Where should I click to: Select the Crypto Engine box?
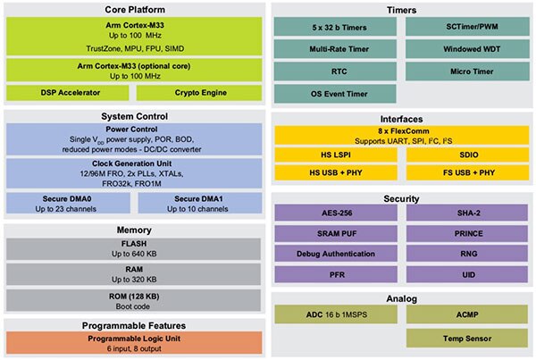[200, 93]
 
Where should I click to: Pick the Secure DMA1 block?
[200, 203]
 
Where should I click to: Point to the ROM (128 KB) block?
[134, 300]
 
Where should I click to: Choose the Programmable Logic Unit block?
[134, 343]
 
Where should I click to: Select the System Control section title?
[134, 116]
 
